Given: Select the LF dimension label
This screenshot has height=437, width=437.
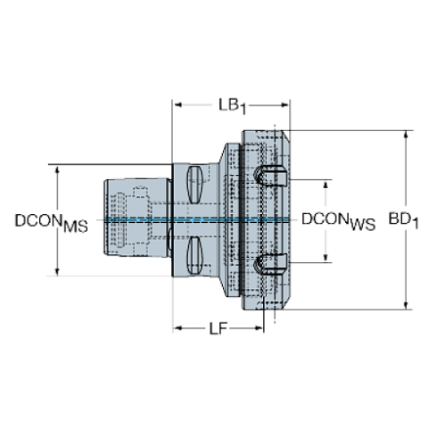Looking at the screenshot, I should [218, 329].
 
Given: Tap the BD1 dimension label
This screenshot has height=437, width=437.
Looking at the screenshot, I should [404, 218].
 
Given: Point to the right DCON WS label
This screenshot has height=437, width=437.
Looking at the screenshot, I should [339, 219].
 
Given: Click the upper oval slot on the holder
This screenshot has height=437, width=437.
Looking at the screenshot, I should [195, 184].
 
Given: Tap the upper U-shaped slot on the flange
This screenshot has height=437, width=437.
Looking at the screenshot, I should [268, 175].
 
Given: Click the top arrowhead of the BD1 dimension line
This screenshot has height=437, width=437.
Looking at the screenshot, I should [408, 134].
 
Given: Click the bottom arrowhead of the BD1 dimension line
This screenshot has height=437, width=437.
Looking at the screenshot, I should [408, 304].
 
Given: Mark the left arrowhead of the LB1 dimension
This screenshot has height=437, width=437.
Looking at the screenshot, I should [176, 105].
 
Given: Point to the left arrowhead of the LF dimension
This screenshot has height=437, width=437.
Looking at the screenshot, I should [176, 329].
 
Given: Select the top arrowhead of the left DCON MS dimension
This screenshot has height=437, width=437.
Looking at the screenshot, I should [57, 168].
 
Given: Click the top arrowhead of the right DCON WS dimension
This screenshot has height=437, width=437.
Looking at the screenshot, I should [325, 182].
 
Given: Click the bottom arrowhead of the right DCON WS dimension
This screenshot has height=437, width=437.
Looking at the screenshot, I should [325, 260].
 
